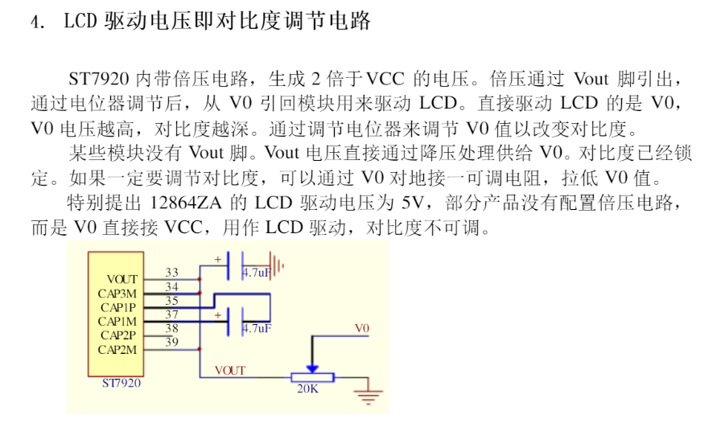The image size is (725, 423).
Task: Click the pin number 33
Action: [x=171, y=273]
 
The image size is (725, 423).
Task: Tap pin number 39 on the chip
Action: [x=171, y=343]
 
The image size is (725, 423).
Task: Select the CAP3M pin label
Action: [x=117, y=294]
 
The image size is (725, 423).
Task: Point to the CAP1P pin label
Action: [x=118, y=307]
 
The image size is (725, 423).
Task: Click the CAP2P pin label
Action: [x=118, y=335]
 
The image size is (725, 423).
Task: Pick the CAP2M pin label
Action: [x=117, y=349]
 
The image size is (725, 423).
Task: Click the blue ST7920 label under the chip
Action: [x=122, y=383]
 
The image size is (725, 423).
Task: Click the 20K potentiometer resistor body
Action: [x=308, y=376]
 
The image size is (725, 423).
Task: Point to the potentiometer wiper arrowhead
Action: [x=312, y=367]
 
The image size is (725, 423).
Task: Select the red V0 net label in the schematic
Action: [x=362, y=328]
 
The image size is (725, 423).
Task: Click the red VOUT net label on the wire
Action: [x=229, y=370]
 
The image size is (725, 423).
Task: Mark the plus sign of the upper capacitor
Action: [x=217, y=259]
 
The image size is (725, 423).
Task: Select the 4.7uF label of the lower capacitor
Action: [x=257, y=328]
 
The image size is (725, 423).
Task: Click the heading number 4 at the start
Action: [x=35, y=23]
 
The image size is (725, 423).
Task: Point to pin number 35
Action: [x=171, y=301]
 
